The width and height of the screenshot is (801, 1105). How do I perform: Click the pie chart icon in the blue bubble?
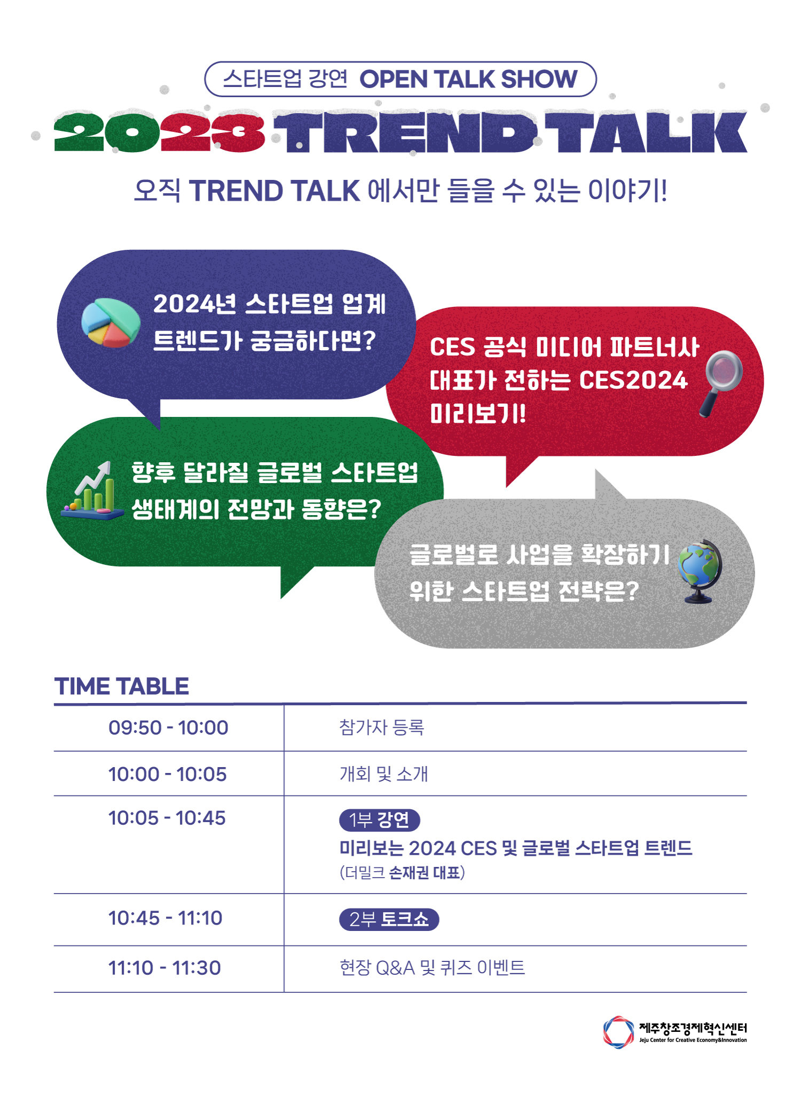(111, 322)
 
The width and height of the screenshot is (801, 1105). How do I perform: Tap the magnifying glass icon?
(721, 383)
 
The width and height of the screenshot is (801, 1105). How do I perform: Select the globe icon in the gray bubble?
(700, 571)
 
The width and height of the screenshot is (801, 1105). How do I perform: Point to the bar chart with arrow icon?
(92, 490)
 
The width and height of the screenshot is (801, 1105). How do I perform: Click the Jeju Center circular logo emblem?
(618, 1032)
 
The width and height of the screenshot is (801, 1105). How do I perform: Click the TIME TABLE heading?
(122, 686)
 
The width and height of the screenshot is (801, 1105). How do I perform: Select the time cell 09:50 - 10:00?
(168, 728)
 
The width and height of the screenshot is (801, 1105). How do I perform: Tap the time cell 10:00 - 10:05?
(168, 774)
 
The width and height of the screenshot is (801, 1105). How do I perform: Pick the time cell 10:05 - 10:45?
(167, 818)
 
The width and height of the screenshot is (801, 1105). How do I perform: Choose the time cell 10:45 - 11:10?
(166, 918)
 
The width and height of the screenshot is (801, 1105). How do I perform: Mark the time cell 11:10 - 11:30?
(164, 968)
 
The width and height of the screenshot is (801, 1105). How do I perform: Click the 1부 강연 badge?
(380, 820)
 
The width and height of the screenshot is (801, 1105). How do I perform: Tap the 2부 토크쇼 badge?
(389, 919)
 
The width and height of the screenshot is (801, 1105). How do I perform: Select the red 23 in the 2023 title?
(213, 132)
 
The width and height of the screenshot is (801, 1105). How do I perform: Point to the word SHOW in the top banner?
(539, 79)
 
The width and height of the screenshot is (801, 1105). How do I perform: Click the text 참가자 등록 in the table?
(382, 728)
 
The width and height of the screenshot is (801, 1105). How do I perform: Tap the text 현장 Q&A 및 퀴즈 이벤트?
(432, 968)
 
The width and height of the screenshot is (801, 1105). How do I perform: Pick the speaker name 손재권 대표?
(425, 873)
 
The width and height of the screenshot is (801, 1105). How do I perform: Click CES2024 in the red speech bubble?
(633, 380)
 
